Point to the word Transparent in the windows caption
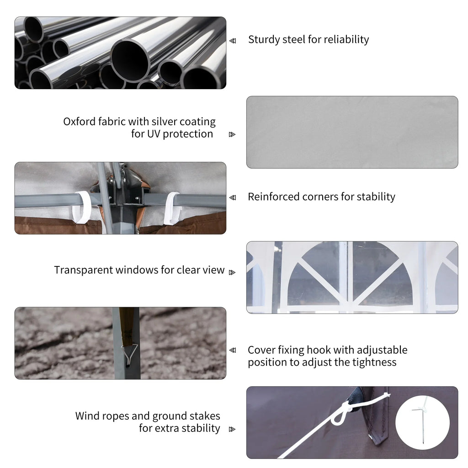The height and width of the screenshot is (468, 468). pos(83,270)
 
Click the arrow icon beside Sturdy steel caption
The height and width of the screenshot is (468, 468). pos(233,41)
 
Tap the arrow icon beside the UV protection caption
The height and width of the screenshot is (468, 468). pos(232,135)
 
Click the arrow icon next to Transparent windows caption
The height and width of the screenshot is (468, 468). pos(232,272)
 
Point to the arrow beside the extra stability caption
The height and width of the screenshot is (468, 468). pos(232,429)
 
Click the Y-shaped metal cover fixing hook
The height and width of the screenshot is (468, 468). pos(129,355)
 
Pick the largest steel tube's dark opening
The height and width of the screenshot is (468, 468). pos(130,61)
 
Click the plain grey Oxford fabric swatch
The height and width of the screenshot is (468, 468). pos(352,132)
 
